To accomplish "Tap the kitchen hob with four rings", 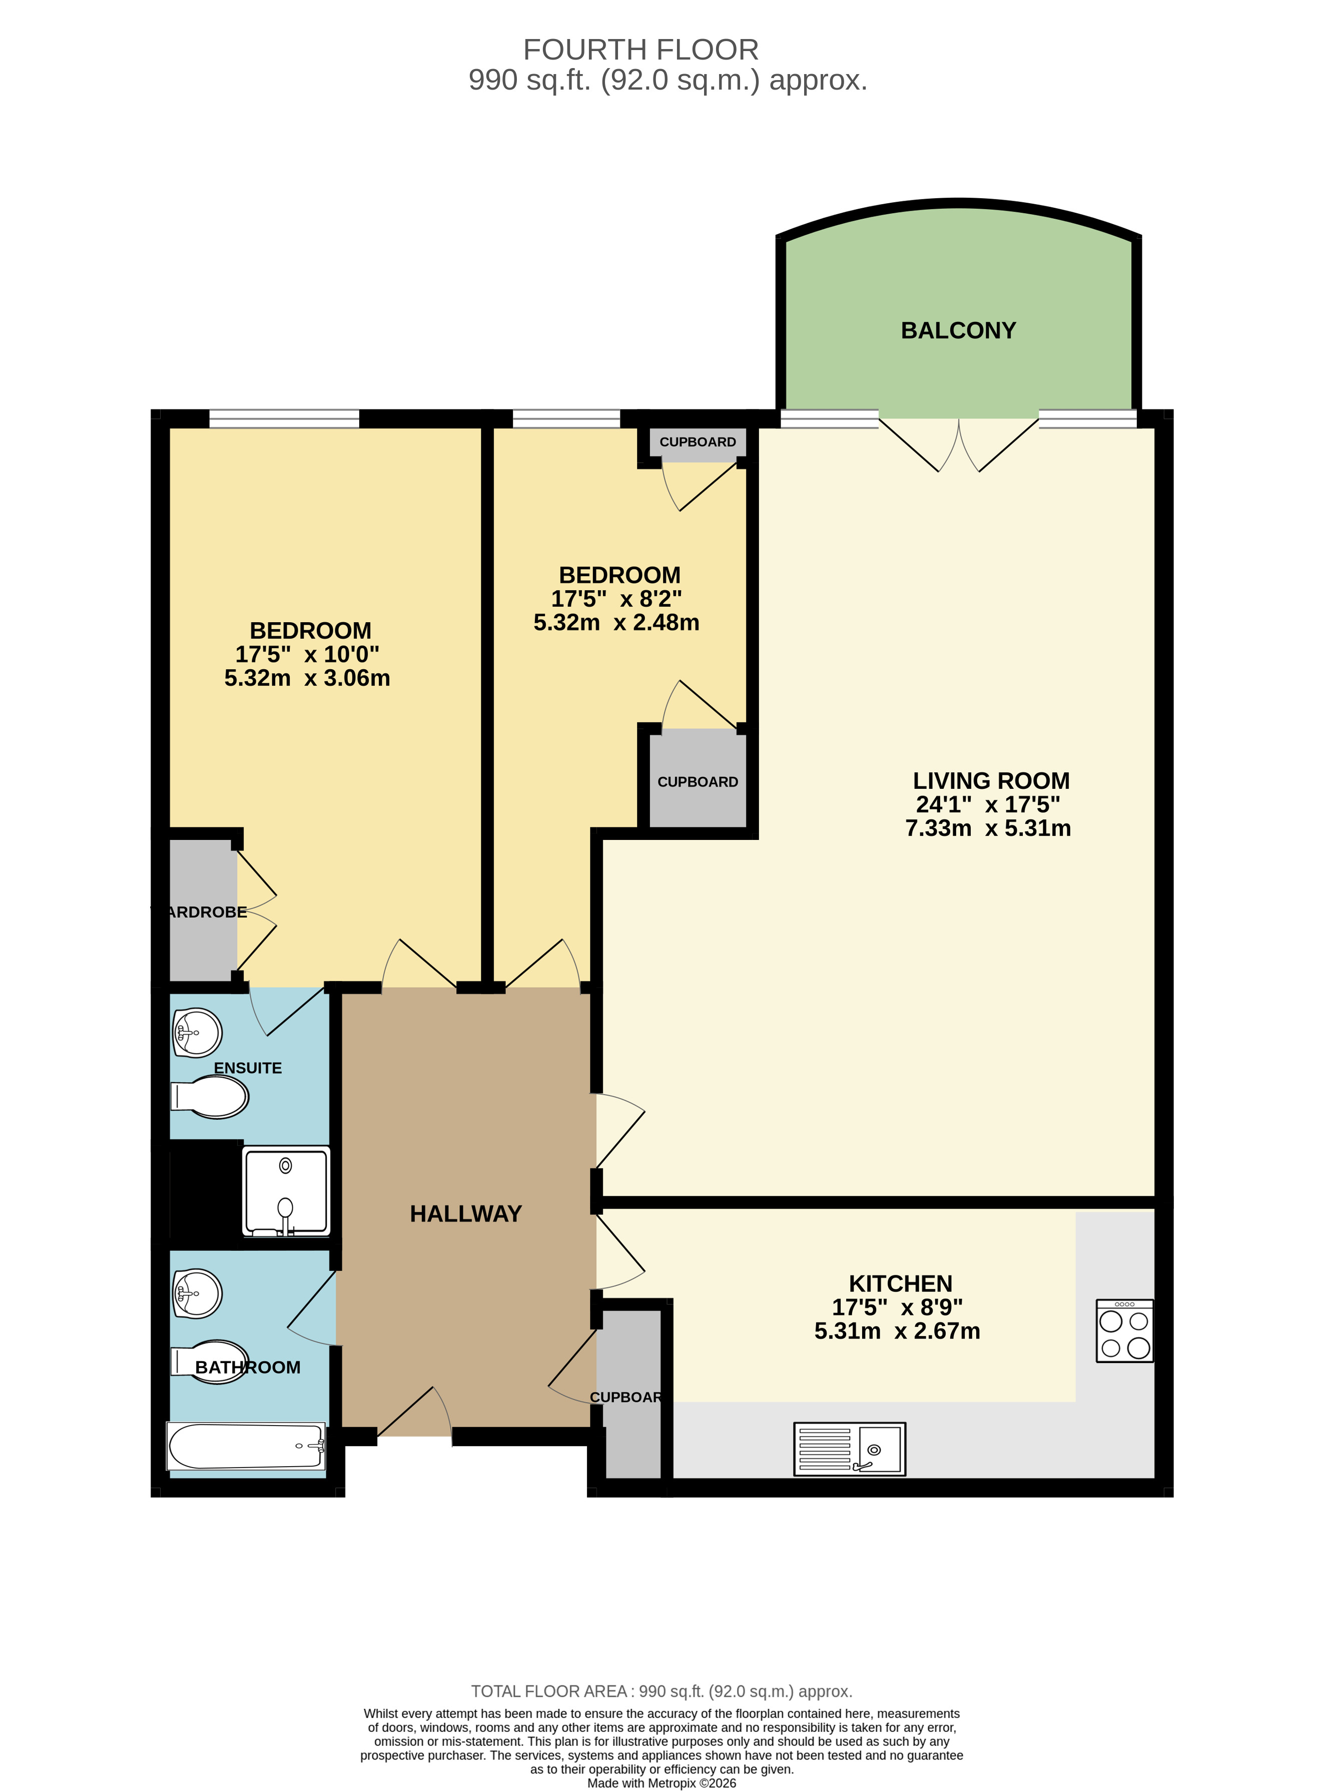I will (1124, 1331).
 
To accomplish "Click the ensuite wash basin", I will (196, 1033).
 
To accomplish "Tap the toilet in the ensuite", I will (210, 1097).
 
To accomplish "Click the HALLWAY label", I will (466, 1214).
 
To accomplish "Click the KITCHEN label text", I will (900, 1283).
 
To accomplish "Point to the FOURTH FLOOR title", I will (640, 50).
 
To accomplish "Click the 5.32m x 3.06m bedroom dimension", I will (307, 678).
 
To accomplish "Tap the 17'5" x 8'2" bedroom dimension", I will (616, 599).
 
